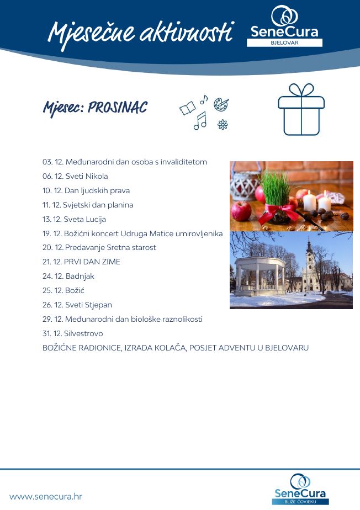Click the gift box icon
tap(301, 110)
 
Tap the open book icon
tap(187, 108)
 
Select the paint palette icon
tap(221, 104)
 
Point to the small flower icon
tap(223, 125)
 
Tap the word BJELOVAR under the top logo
tap(284, 42)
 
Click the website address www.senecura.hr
tap(46, 496)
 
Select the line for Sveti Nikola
tap(75, 177)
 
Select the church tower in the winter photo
tap(309, 257)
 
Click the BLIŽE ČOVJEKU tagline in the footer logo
tap(300, 501)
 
